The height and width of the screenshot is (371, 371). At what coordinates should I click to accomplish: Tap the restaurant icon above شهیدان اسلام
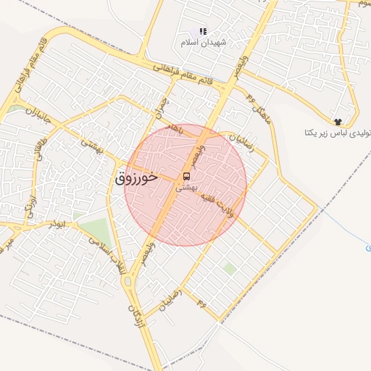point(203,31)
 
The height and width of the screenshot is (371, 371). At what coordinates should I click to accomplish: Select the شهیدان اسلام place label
point(204,43)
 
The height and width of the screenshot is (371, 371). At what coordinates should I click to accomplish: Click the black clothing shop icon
point(337,121)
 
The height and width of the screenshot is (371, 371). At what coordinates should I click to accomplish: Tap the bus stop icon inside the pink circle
point(186,176)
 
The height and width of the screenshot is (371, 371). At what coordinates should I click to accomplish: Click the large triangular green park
point(96,231)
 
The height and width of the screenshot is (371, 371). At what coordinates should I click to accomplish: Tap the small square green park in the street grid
point(229,269)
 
